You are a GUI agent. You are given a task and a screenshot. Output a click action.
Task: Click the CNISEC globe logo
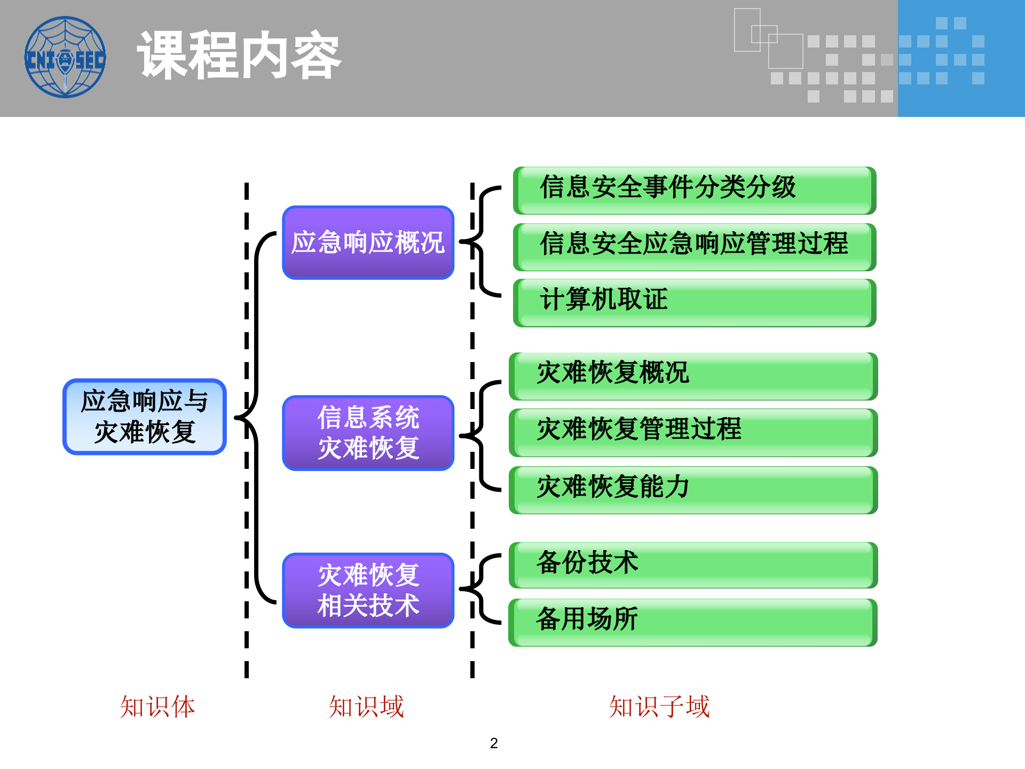point(65,57)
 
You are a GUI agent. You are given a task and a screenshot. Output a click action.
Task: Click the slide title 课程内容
point(239,56)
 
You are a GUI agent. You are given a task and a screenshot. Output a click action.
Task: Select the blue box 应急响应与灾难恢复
point(145,417)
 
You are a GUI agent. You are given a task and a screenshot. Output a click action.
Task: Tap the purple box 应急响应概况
point(368,242)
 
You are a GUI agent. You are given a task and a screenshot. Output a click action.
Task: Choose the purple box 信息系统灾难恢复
point(368,433)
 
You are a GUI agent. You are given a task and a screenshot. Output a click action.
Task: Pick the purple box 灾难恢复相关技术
point(368,590)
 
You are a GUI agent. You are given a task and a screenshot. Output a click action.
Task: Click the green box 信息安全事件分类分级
point(694,190)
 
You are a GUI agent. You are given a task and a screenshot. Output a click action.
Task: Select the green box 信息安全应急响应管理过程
point(694,246)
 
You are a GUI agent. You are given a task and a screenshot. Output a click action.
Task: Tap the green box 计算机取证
point(694,302)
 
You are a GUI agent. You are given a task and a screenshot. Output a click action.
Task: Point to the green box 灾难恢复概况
point(693,375)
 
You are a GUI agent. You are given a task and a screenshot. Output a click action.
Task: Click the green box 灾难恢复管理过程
point(693,432)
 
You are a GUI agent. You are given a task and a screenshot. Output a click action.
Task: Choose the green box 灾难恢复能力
point(693,489)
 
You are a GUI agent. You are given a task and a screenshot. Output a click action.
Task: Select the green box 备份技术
point(693,564)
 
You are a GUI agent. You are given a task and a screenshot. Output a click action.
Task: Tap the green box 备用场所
point(693,622)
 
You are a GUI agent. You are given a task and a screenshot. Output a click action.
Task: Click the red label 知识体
point(157,707)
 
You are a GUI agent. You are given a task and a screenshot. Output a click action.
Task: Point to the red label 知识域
point(366,707)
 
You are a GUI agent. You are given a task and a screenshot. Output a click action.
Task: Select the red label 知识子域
point(659,707)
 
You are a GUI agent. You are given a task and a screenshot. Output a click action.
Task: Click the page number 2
point(494,743)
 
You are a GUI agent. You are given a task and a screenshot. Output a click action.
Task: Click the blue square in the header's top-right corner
point(961,58)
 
